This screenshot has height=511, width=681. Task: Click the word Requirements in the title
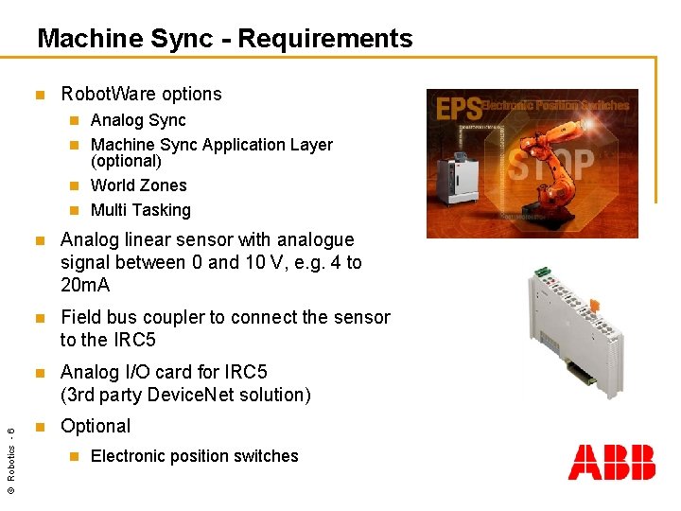click(325, 39)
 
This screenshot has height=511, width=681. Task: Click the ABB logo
click(611, 463)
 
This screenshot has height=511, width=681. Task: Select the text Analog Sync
click(138, 120)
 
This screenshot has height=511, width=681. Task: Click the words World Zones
click(139, 185)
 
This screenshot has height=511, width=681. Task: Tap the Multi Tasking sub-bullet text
click(141, 210)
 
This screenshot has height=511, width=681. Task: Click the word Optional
click(96, 426)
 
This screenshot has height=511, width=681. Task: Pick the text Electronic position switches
click(194, 456)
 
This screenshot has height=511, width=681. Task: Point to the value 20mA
click(85, 285)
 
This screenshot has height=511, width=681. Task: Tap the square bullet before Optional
click(39, 427)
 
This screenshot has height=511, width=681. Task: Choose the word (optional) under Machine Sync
click(126, 161)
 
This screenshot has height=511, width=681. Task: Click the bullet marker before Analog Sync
click(75, 121)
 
